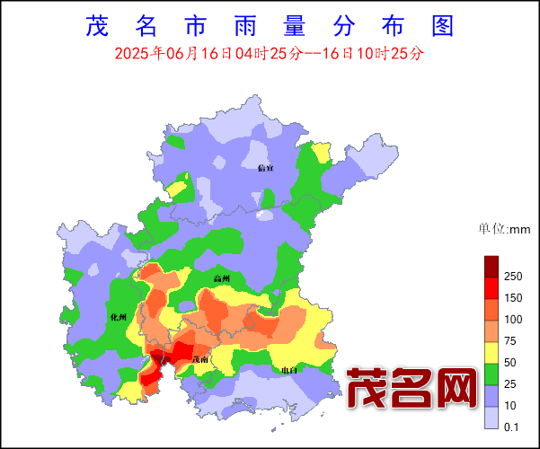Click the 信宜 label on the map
[265, 168]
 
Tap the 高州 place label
[222, 279]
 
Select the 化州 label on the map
[118, 318]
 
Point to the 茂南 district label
[201, 359]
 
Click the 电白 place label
[288, 370]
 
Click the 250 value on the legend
[514, 275]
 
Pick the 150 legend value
[514, 297]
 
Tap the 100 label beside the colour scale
[514, 320]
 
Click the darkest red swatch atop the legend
[491, 266]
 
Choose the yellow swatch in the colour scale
[491, 353]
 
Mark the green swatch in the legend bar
[491, 374]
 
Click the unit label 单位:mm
[504, 230]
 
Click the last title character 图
[441, 25]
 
